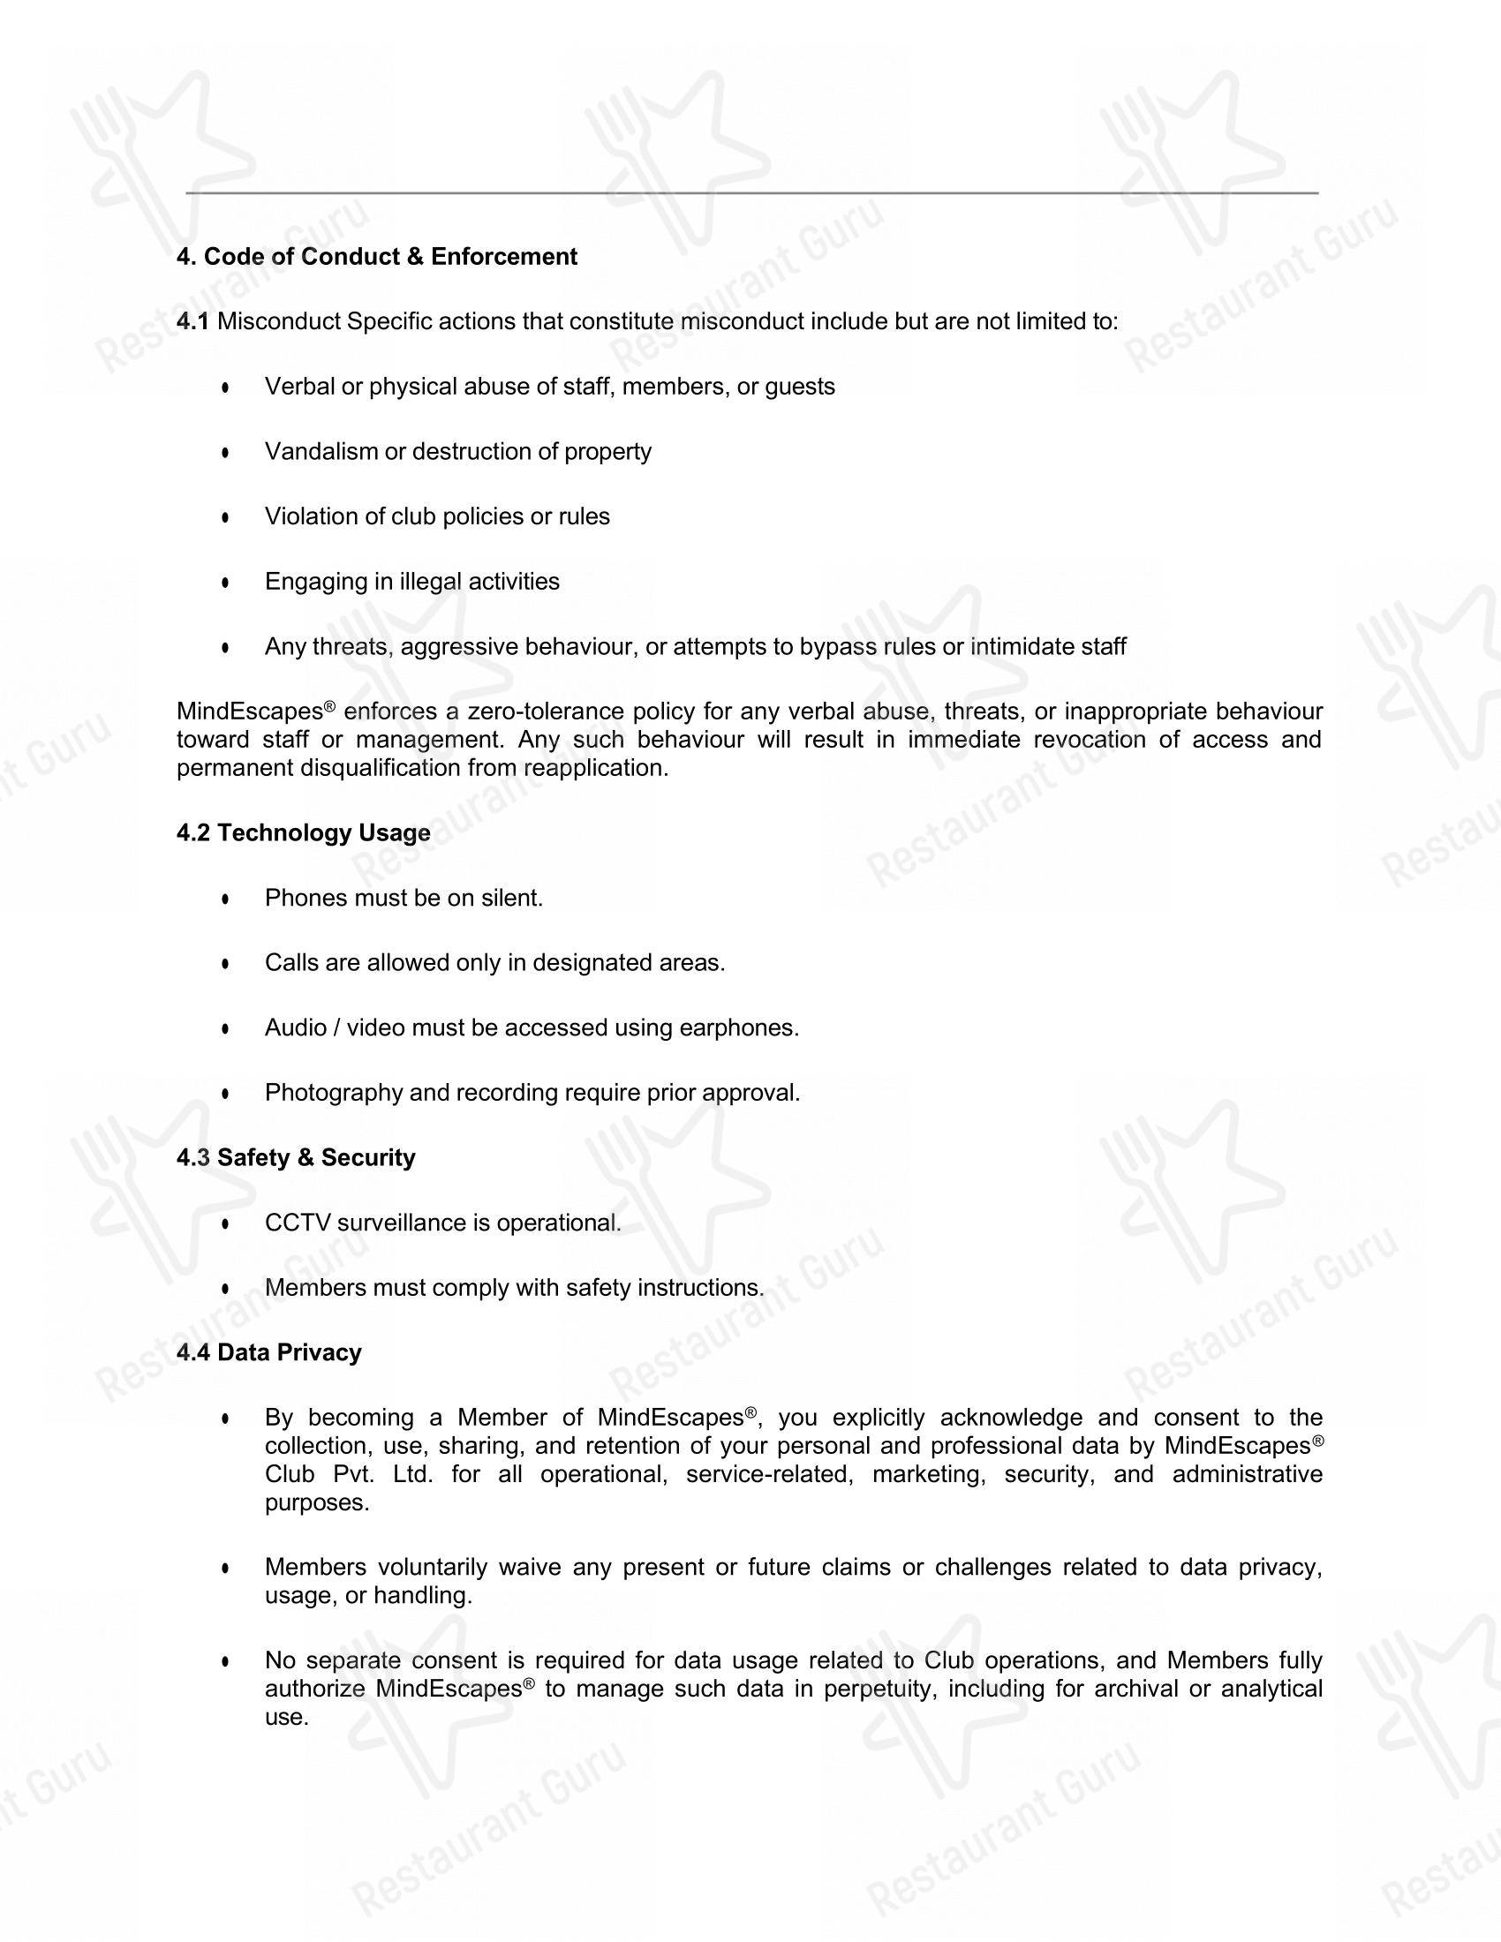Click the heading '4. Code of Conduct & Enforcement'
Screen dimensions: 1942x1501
377,257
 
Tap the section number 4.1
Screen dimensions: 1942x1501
193,321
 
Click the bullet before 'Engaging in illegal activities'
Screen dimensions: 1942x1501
226,583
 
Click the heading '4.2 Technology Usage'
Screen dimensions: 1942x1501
303,833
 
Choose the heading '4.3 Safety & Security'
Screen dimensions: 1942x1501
296,1158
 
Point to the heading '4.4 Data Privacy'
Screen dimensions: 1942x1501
269,1352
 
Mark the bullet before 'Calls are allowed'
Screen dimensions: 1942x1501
226,964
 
